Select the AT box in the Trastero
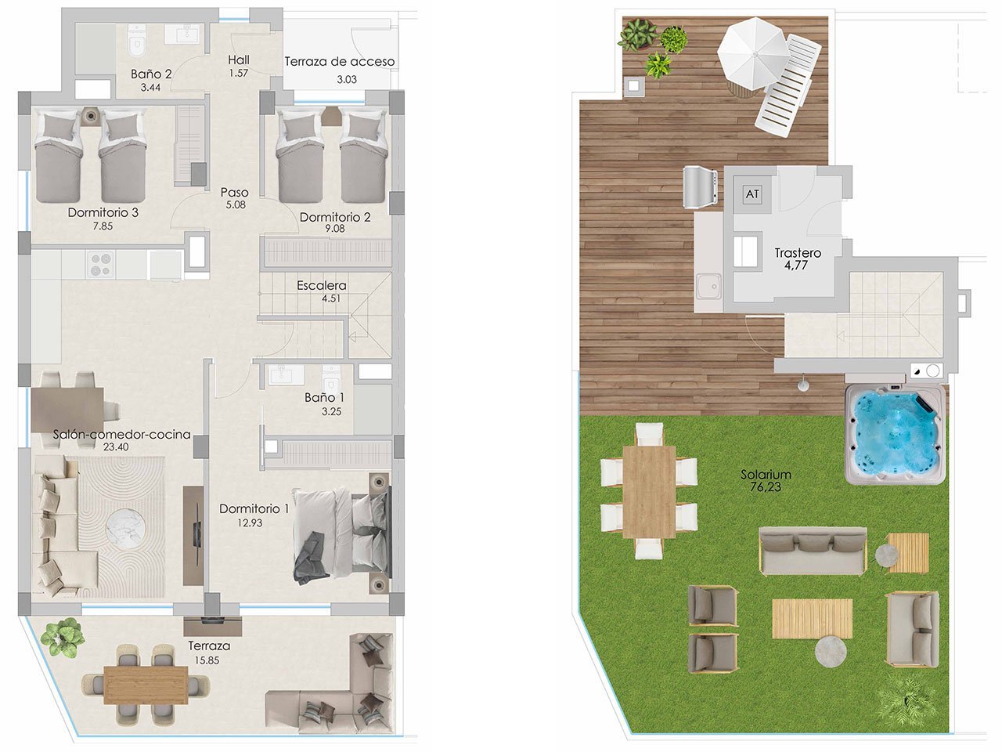point(752,193)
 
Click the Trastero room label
point(798,253)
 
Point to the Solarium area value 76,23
point(766,487)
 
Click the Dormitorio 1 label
point(254,508)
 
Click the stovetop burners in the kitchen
point(99,264)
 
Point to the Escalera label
point(321,285)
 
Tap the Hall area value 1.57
point(238,73)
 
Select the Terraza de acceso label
point(339,61)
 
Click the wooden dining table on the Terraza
point(146,684)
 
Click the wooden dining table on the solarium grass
point(649,491)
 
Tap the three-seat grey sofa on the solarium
point(813,550)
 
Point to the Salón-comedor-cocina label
point(121,434)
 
